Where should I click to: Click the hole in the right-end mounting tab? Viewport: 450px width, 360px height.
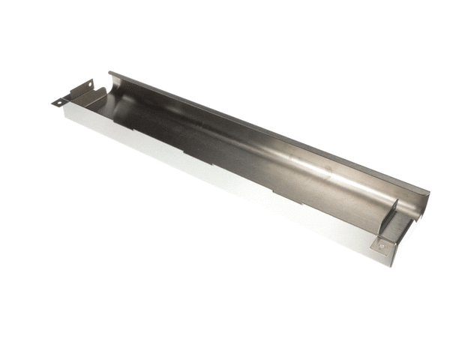382,245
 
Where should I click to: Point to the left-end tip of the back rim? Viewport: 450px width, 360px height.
110,73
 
